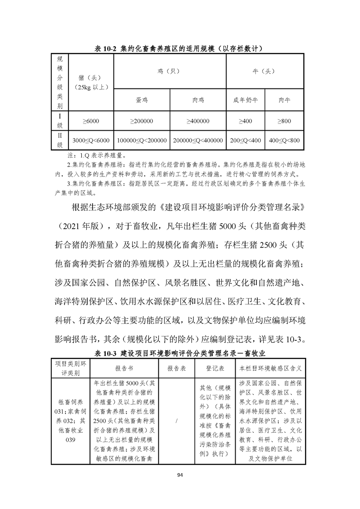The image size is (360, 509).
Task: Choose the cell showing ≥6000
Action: click(91, 121)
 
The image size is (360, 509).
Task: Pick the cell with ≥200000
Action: click(142, 121)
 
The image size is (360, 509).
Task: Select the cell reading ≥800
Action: click(284, 121)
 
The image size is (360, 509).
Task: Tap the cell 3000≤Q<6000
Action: click(91, 141)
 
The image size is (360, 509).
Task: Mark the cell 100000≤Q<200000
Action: click(142, 141)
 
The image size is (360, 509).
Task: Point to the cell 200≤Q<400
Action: click(245, 141)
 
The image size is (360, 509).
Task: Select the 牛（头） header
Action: click(265, 71)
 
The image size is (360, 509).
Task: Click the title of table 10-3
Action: click(180, 352)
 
